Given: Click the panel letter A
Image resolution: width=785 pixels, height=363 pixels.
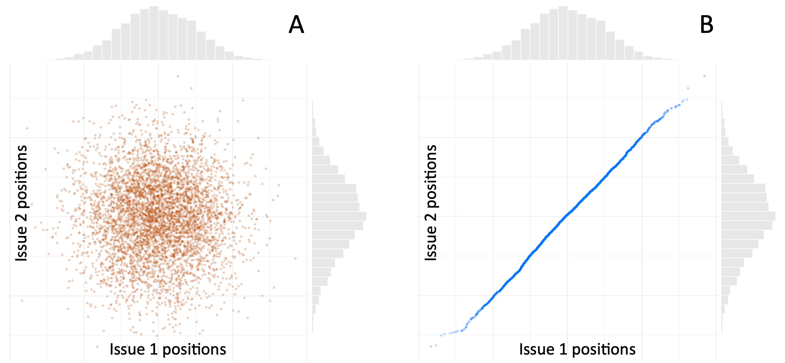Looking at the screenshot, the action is pos(296,25).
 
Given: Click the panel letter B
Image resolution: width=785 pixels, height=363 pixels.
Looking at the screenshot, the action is pos(706,25).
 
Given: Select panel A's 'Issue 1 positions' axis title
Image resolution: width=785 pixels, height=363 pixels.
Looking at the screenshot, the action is pos(168,349).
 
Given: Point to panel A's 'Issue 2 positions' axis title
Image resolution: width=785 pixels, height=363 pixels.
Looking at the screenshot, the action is pos(21,203).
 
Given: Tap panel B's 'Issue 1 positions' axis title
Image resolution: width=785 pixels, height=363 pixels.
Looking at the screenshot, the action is pos(577,349).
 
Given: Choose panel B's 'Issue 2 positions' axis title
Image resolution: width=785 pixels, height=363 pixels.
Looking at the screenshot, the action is pos(431,203).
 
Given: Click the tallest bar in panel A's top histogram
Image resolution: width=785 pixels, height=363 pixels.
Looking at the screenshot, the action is pos(154,33).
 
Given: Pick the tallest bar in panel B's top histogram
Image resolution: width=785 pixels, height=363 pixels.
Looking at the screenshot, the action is pos(563,33).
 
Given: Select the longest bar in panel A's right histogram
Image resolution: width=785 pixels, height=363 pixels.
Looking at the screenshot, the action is pos(339,216).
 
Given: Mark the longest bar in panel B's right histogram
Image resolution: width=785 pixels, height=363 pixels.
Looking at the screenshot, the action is pos(748,216).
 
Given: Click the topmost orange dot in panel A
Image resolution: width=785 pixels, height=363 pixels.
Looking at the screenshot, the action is pos(178,76).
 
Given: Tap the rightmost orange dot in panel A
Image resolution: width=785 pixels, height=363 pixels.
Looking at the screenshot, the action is pos(295,258).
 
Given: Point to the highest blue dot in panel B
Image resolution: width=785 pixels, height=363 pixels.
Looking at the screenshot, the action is pos(704,76).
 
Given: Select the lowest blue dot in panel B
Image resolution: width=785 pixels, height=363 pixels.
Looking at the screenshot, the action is pos(431,346).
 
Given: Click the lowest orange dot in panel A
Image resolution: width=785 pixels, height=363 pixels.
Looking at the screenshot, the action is pos(97,347).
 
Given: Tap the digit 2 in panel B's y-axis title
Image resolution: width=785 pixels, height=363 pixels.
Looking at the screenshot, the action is pos(431,216).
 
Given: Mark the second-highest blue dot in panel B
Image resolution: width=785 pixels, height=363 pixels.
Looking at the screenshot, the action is pos(688,88).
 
